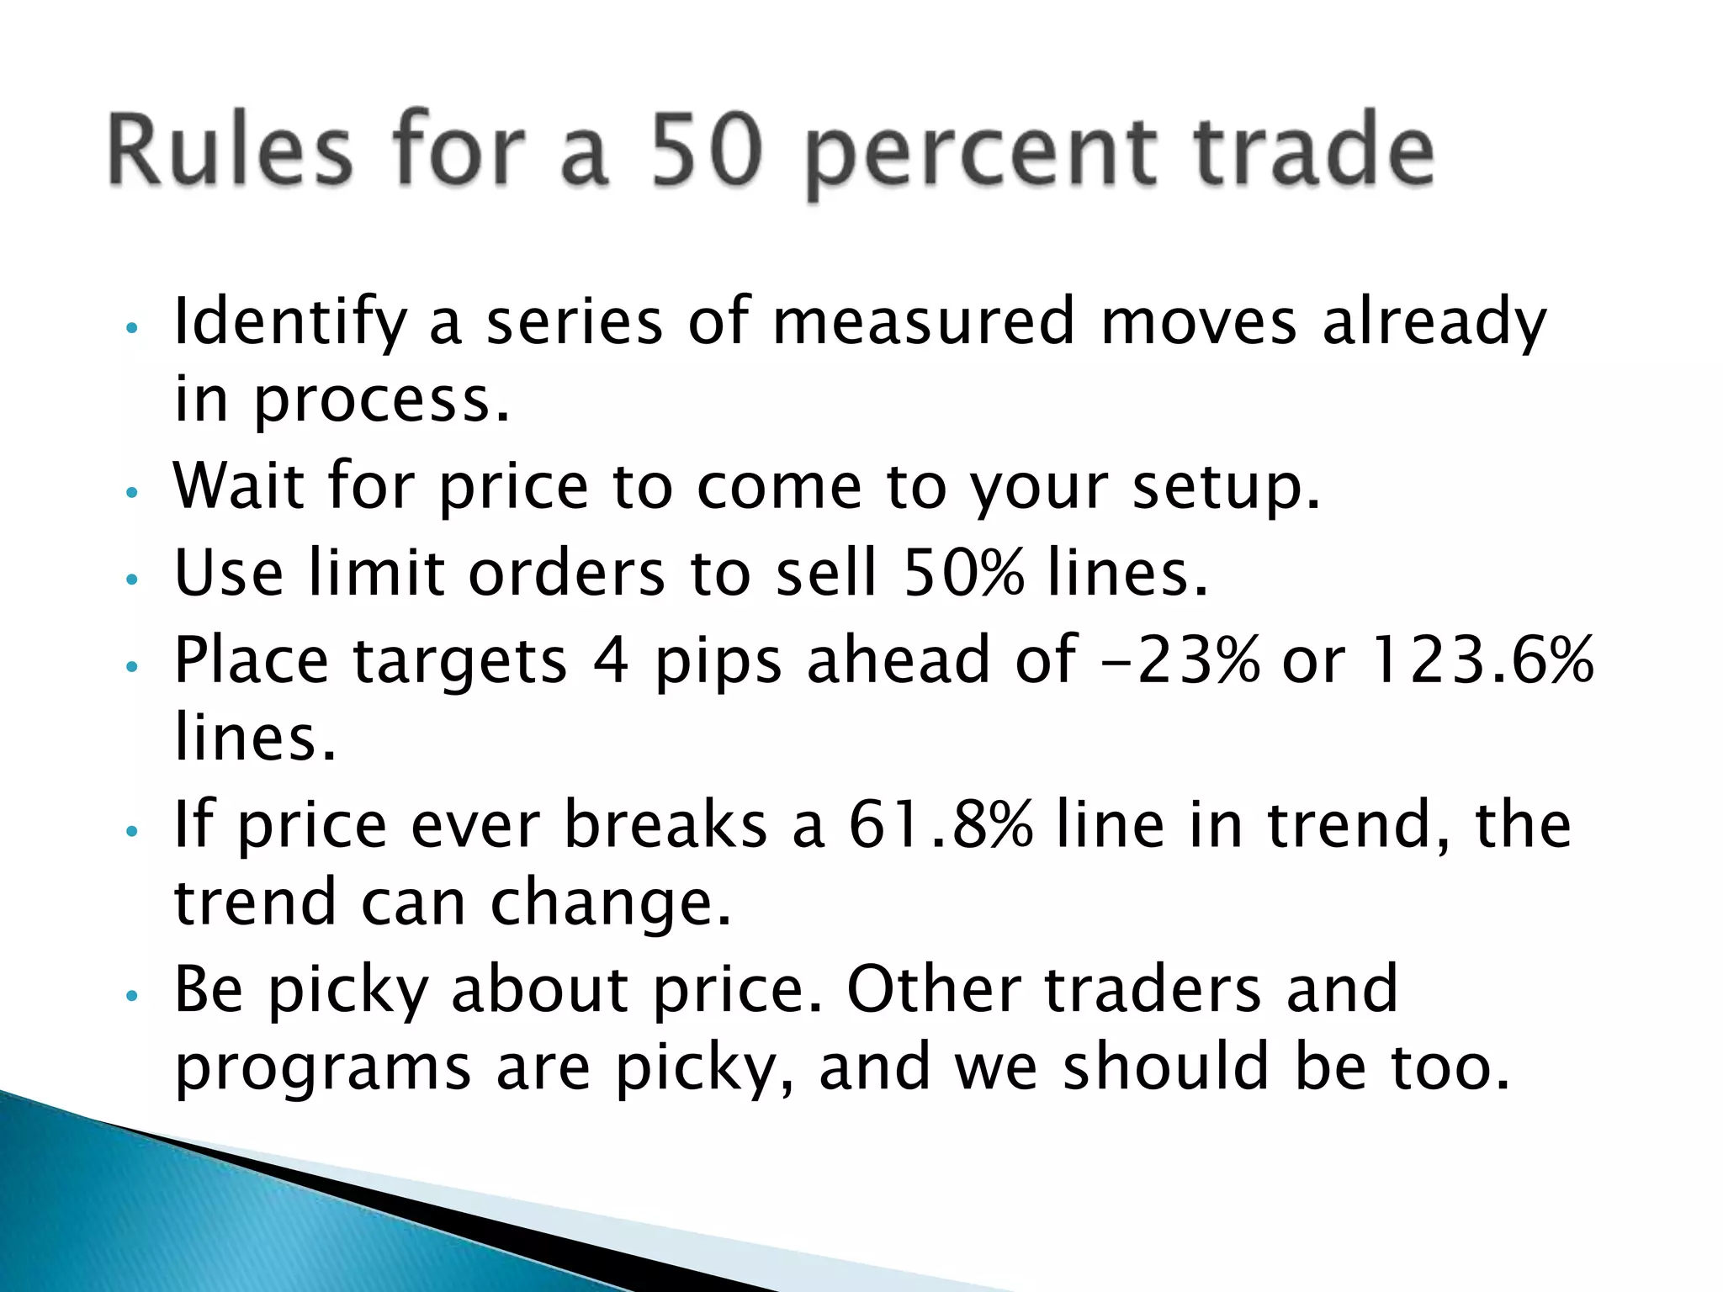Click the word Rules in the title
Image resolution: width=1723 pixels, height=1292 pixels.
coord(229,151)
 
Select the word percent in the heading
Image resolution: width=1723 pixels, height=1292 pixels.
coord(980,156)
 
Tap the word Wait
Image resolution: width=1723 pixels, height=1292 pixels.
coord(239,486)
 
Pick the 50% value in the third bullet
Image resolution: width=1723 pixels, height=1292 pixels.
coord(964,572)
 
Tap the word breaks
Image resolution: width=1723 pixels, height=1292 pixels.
coord(665,824)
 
